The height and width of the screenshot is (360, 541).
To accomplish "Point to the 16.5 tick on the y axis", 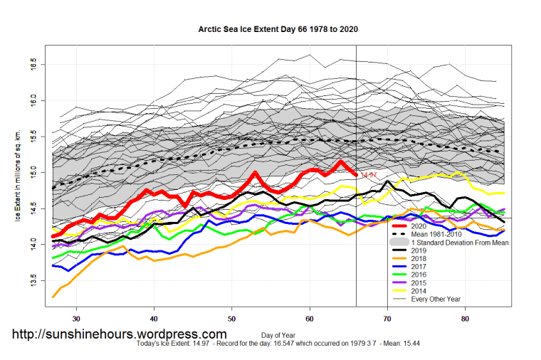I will [35, 65].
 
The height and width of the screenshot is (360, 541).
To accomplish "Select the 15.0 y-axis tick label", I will [35, 173].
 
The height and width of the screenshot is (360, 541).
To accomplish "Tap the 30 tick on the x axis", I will [76, 318].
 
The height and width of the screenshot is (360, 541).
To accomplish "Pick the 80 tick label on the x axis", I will [466, 318].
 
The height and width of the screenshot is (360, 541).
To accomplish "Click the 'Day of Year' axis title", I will [278, 334].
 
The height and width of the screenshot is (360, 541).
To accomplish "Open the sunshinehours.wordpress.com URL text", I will [119, 334].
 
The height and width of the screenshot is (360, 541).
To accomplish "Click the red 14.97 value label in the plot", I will [369, 175].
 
